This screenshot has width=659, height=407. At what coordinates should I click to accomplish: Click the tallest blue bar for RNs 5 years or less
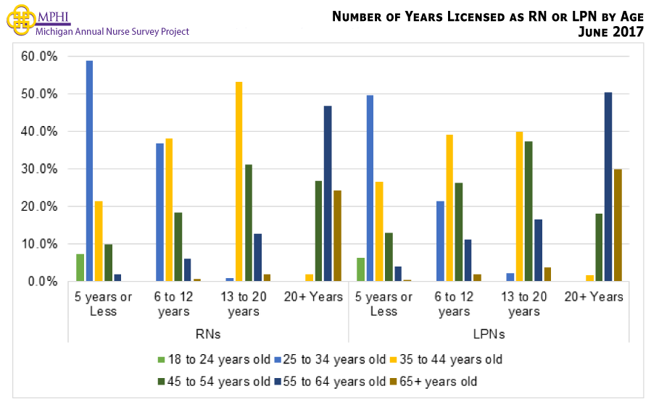click(89, 171)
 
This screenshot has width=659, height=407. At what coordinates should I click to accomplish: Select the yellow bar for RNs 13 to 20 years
click(239, 182)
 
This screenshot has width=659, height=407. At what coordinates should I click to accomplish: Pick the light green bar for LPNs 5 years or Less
click(360, 269)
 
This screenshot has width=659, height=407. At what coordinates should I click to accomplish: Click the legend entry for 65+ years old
click(436, 381)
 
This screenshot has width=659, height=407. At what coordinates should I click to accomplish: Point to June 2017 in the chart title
click(609, 31)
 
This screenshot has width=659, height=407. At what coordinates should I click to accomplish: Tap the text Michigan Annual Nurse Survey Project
click(112, 32)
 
